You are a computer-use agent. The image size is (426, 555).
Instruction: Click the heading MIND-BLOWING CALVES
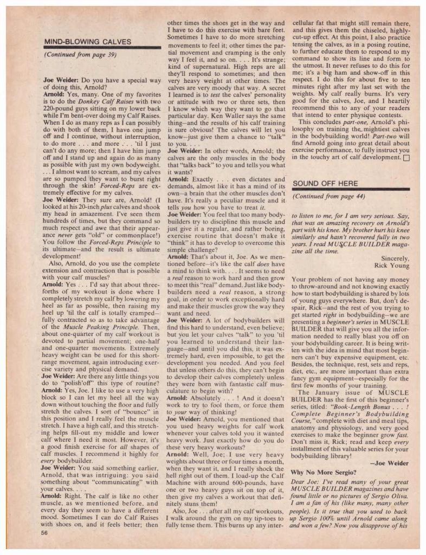tap(87, 41)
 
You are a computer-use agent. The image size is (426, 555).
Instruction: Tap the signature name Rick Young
tap(390, 265)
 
